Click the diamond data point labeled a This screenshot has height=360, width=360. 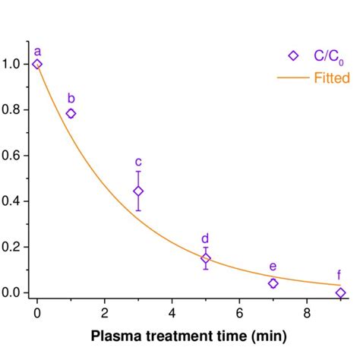coord(37,65)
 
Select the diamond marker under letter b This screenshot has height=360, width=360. coord(71,113)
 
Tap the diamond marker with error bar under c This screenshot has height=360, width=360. coord(138,191)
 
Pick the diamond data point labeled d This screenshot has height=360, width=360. coord(206,258)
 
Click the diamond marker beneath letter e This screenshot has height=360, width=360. coord(273,283)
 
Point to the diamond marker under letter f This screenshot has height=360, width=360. coord(340,292)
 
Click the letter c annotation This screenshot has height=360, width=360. coord(138,161)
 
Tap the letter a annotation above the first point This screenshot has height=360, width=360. coord(37,51)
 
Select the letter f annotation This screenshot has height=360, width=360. coord(340,276)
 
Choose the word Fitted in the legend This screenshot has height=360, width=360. coord(331,77)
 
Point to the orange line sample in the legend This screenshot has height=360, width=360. coord(293,77)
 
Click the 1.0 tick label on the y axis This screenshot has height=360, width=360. coord(14,65)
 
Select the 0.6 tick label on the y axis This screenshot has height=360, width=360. coord(14,156)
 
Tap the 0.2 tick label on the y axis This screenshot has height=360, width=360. coord(14,247)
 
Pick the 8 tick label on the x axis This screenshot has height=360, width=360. coord(307,311)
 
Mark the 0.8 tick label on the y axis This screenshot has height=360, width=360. coord(14,110)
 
